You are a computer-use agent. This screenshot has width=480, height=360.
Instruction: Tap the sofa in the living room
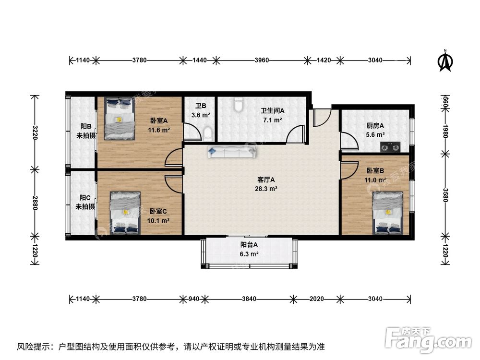232,152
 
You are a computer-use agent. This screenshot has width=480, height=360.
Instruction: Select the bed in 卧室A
119,118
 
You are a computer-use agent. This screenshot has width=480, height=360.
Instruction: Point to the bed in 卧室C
125,213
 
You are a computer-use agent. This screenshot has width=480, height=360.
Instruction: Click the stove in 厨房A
390,147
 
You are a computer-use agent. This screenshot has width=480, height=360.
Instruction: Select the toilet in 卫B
208,134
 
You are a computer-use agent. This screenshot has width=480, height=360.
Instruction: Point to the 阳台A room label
249,244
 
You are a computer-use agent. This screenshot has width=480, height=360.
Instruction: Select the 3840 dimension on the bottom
249,299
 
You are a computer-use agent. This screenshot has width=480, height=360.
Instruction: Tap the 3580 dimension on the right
445,194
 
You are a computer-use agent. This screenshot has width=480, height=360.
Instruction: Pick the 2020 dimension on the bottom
316,299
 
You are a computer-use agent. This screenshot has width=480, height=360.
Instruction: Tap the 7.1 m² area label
272,120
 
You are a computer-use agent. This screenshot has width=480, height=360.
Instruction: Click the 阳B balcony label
86,126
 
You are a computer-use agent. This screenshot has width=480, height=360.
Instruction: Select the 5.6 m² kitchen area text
376,135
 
